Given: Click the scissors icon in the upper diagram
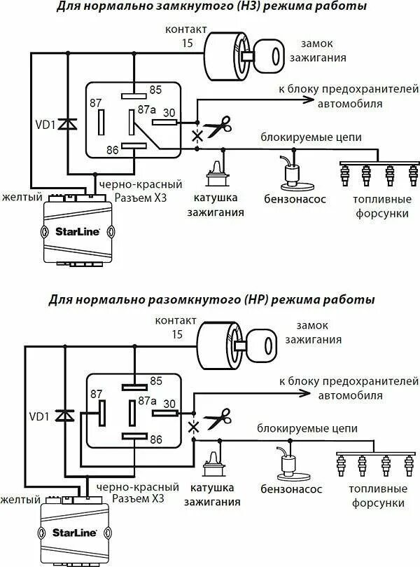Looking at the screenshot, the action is coord(218,126).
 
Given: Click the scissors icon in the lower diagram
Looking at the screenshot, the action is coord(218,418).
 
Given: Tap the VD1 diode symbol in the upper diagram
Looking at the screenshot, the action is coord(67,124).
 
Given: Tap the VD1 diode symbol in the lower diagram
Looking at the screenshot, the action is coord(64,416).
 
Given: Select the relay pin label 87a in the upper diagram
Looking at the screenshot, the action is coord(147,109).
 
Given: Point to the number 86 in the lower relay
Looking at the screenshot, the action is coord(156,439).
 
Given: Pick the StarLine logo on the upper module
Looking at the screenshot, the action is coord(77,231).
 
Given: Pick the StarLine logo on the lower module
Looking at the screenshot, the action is coord(74,532).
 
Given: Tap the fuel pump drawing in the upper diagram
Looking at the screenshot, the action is coord(295,172).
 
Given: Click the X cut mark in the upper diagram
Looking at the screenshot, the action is coord(197,136).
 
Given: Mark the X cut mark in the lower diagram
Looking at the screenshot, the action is coord(194,428).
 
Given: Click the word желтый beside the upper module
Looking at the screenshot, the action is coord(22,197).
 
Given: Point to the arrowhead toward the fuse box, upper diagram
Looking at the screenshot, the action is coord(308,99).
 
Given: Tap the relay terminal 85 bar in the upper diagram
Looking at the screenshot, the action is coord(134,96).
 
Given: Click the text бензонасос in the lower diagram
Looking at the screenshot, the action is coord(291,489).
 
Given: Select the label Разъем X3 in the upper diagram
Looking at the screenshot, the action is coord(141,198).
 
